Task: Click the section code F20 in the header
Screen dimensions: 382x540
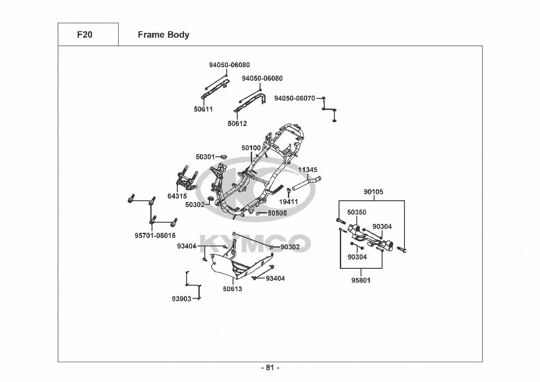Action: pyautogui.click(x=85, y=35)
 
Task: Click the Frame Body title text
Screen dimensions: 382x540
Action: pyautogui.click(x=163, y=35)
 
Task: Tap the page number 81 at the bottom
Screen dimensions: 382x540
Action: pyautogui.click(x=270, y=368)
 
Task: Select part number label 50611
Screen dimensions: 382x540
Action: pyautogui.click(x=203, y=109)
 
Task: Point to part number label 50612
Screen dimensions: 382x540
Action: pyautogui.click(x=237, y=124)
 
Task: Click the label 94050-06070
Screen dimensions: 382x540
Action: pyautogui.click(x=295, y=99)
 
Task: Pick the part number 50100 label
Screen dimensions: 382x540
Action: pyautogui.click(x=251, y=148)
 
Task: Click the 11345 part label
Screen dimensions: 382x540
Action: pyautogui.click(x=308, y=170)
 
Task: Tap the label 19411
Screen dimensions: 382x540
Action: pyautogui.click(x=289, y=202)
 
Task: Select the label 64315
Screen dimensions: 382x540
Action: pyautogui.click(x=177, y=196)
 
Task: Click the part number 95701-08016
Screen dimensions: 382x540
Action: pyautogui.click(x=155, y=236)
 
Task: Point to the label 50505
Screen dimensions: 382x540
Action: pyautogui.click(x=277, y=213)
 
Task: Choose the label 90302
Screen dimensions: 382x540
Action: pyautogui.click(x=290, y=247)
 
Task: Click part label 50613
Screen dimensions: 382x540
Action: pyautogui.click(x=232, y=289)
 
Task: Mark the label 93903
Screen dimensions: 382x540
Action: pyautogui.click(x=181, y=299)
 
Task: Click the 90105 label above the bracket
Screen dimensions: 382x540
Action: pyautogui.click(x=373, y=192)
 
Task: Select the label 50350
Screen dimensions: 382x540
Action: pyautogui.click(x=356, y=212)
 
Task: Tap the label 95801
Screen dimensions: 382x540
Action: pyautogui.click(x=361, y=280)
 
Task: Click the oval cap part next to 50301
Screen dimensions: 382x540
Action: pyautogui.click(x=224, y=157)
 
